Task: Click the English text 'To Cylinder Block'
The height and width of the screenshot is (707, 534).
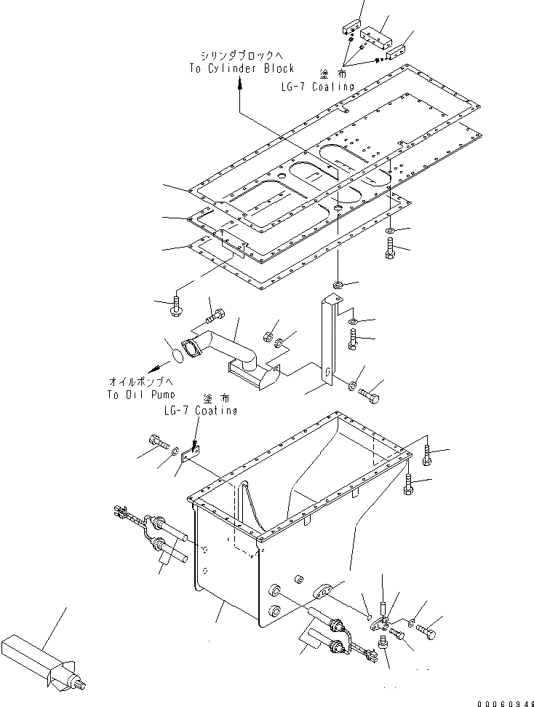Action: [x=240, y=68]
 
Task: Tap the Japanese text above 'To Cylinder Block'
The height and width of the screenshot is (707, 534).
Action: [x=240, y=55]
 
